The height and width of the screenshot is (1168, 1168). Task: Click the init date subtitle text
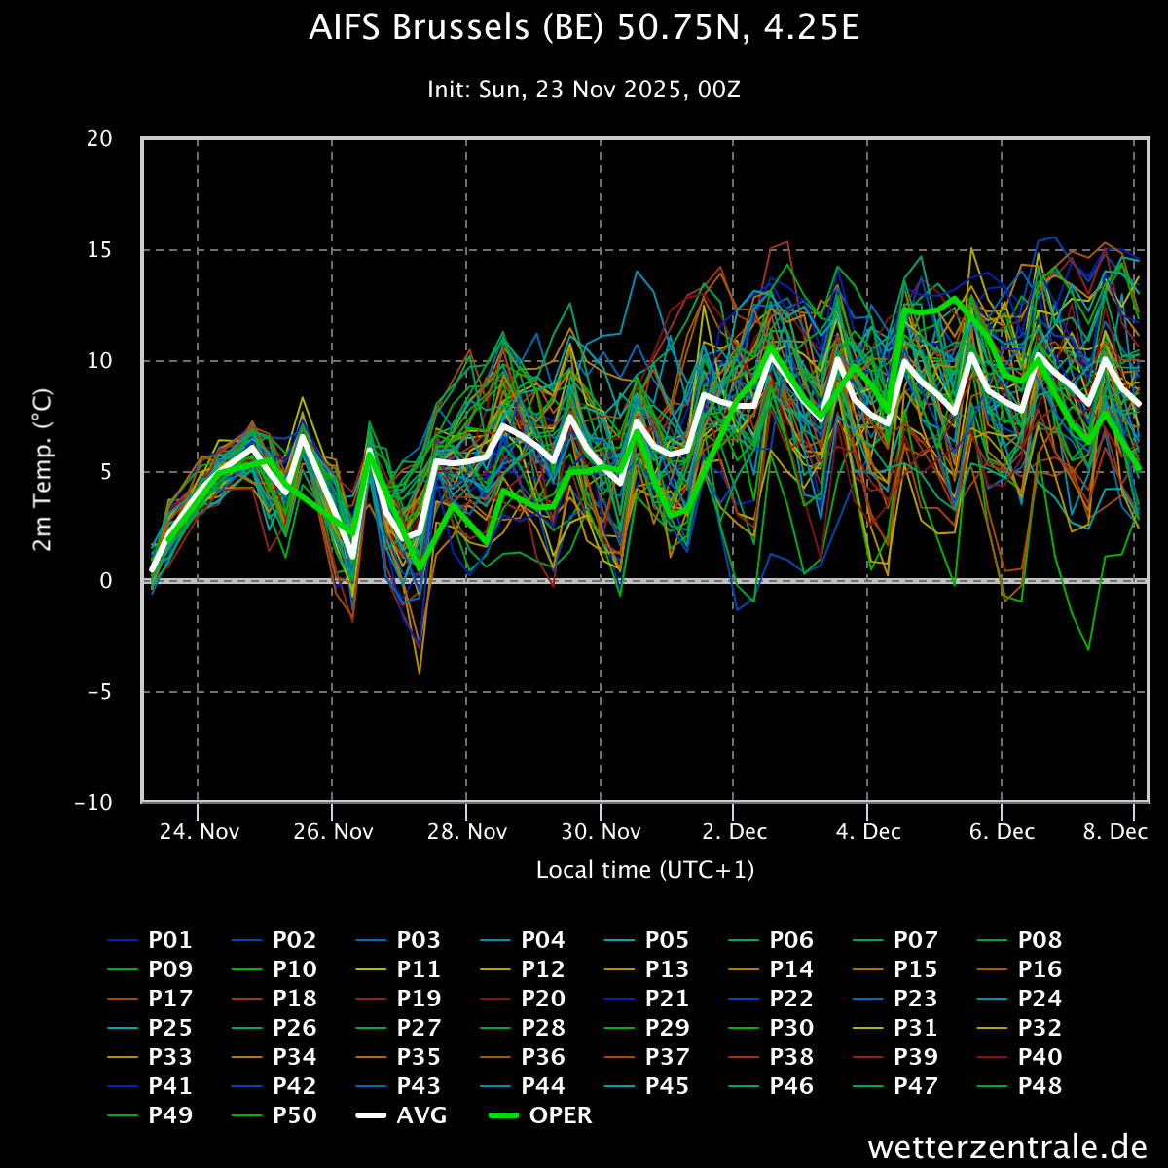point(584,90)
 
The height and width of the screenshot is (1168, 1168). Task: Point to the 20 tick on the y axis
point(99,139)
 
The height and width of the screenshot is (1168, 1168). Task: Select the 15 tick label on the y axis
point(99,250)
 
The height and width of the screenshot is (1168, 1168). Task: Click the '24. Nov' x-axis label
point(200,831)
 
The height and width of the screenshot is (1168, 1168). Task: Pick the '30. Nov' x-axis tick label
point(601,831)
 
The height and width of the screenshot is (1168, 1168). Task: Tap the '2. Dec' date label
point(735,831)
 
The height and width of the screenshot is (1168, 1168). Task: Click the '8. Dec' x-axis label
point(1115,831)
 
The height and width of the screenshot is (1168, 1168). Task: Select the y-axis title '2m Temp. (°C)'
point(43,470)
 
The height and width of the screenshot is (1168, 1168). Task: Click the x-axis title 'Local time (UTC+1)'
point(645,870)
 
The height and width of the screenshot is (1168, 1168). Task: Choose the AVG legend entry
point(401,1115)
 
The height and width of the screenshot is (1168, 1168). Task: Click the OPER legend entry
point(540,1115)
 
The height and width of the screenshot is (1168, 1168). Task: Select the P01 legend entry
point(150,940)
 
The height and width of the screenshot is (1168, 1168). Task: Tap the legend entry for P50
point(274,1115)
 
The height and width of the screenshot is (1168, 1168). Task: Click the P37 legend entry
point(646,1056)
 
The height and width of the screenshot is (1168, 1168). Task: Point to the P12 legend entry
point(523,969)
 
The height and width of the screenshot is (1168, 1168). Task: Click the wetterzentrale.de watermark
point(1007,1147)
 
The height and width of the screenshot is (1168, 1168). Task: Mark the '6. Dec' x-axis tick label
point(1002,831)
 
